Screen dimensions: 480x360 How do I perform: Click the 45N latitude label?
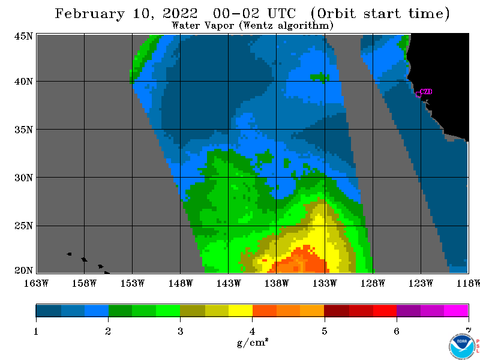(x=23, y=36)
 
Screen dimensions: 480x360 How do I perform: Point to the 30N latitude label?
(x=23, y=178)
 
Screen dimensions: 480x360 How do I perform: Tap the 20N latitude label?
(x=23, y=270)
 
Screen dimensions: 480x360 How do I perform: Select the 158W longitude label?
(x=84, y=283)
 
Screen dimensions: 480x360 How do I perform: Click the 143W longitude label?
(x=229, y=283)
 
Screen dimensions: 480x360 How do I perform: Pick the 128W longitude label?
(x=373, y=283)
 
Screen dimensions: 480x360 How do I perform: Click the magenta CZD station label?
(x=426, y=92)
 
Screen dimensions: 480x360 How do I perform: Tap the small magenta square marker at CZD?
(x=418, y=95)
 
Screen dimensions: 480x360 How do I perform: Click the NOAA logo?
(x=462, y=346)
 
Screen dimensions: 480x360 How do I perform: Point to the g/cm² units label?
(x=253, y=343)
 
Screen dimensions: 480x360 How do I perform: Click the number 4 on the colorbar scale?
(x=252, y=331)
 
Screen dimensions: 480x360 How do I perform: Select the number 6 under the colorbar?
(x=397, y=331)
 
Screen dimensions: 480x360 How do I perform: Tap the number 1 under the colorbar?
(x=36, y=331)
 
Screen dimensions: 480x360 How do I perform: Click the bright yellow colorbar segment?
(x=241, y=310)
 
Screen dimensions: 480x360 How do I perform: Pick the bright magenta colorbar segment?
(x=456, y=310)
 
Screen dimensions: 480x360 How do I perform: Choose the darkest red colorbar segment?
(x=337, y=310)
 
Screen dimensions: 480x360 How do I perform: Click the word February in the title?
(x=89, y=14)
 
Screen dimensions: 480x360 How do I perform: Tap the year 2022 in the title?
(x=180, y=13)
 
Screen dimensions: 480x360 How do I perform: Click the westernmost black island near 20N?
(x=69, y=254)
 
